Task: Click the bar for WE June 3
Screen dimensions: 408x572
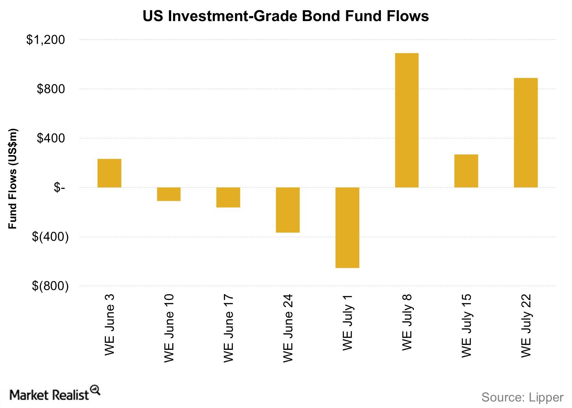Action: pyautogui.click(x=109, y=173)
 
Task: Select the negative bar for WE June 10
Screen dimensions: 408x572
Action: pyautogui.click(x=169, y=194)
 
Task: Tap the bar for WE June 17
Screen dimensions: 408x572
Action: pyautogui.click(x=228, y=197)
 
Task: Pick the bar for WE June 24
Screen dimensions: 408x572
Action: pyautogui.click(x=288, y=210)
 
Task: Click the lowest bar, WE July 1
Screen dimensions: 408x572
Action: pyautogui.click(x=347, y=227)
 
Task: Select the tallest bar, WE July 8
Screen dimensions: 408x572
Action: pyautogui.click(x=407, y=120)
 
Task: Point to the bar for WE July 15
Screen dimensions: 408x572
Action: pyautogui.click(x=466, y=171)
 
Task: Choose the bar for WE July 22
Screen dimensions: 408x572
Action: pyautogui.click(x=526, y=133)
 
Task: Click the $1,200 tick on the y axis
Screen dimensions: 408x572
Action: pyautogui.click(x=46, y=40)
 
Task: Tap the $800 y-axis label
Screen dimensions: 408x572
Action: pyautogui.click(x=51, y=89)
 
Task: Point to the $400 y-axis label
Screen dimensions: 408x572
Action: pyautogui.click(x=51, y=138)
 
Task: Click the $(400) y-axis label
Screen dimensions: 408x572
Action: pyautogui.click(x=50, y=237)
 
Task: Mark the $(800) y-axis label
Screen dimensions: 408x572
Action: pyautogui.click(x=50, y=286)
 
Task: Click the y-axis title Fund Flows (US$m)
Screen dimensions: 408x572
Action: pyautogui.click(x=13, y=179)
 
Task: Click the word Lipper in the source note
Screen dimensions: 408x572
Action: pyautogui.click(x=546, y=397)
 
